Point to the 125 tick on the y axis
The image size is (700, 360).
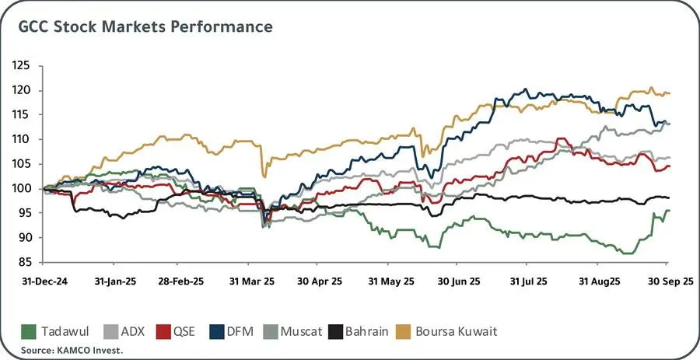coord(22,66)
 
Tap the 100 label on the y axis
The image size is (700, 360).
coord(22,188)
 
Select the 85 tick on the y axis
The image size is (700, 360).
coord(24,262)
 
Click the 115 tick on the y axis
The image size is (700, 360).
coord(22,115)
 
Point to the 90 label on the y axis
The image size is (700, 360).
coord(24,237)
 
